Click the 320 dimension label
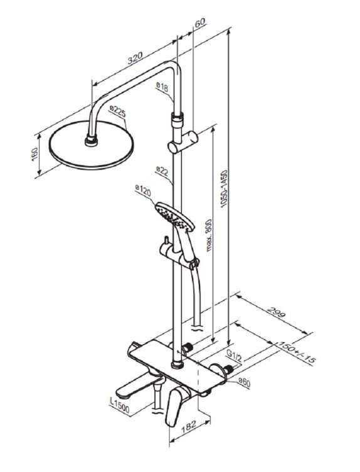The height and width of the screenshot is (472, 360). tap(135, 58)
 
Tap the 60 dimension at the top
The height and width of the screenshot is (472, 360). tap(199, 23)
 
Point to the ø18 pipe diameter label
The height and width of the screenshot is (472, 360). tap(162, 87)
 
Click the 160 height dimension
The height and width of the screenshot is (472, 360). tap(34, 154)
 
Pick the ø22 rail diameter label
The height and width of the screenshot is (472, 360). tap(162, 171)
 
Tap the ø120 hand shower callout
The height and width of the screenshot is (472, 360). tap(143, 191)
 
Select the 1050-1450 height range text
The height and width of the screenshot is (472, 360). tap(224, 189)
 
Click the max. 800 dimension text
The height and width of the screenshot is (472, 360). tap(209, 235)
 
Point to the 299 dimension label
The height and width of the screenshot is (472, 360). tap(276, 312)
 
